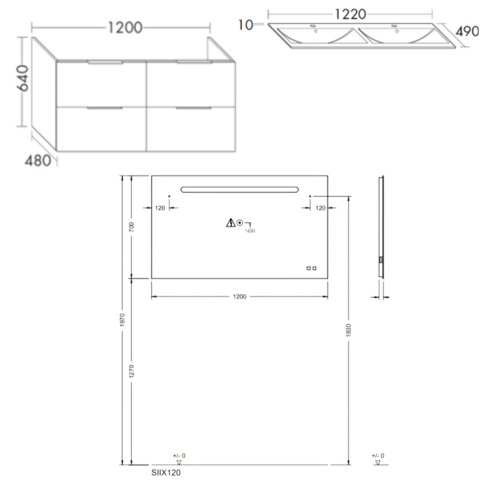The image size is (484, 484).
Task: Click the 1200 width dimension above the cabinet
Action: pos(124,28)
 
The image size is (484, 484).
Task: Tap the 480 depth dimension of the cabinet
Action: pos(38,160)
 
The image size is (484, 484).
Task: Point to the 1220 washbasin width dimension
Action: pos(350,14)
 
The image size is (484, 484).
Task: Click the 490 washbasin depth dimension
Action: pos(467,31)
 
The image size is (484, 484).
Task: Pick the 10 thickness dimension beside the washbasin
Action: pos(245,25)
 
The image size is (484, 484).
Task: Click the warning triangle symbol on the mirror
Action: pos(230,223)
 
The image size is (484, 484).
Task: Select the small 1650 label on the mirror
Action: pos(250,231)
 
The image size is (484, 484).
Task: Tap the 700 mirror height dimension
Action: pos(131,227)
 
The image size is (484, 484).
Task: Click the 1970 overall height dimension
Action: pos(122,319)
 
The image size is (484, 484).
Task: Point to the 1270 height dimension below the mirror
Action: pos(131,371)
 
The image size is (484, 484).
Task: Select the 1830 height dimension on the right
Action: pos(349,330)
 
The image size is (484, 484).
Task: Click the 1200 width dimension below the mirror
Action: pos(239,297)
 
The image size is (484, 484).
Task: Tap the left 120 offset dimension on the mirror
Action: pos(160,208)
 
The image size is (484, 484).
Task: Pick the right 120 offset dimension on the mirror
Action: pos(320,208)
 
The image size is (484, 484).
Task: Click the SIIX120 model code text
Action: pos(166,473)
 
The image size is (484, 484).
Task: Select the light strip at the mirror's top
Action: pos(239,190)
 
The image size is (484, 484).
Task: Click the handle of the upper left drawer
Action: pos(105,62)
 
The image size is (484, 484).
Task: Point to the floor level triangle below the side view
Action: pos(378,463)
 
